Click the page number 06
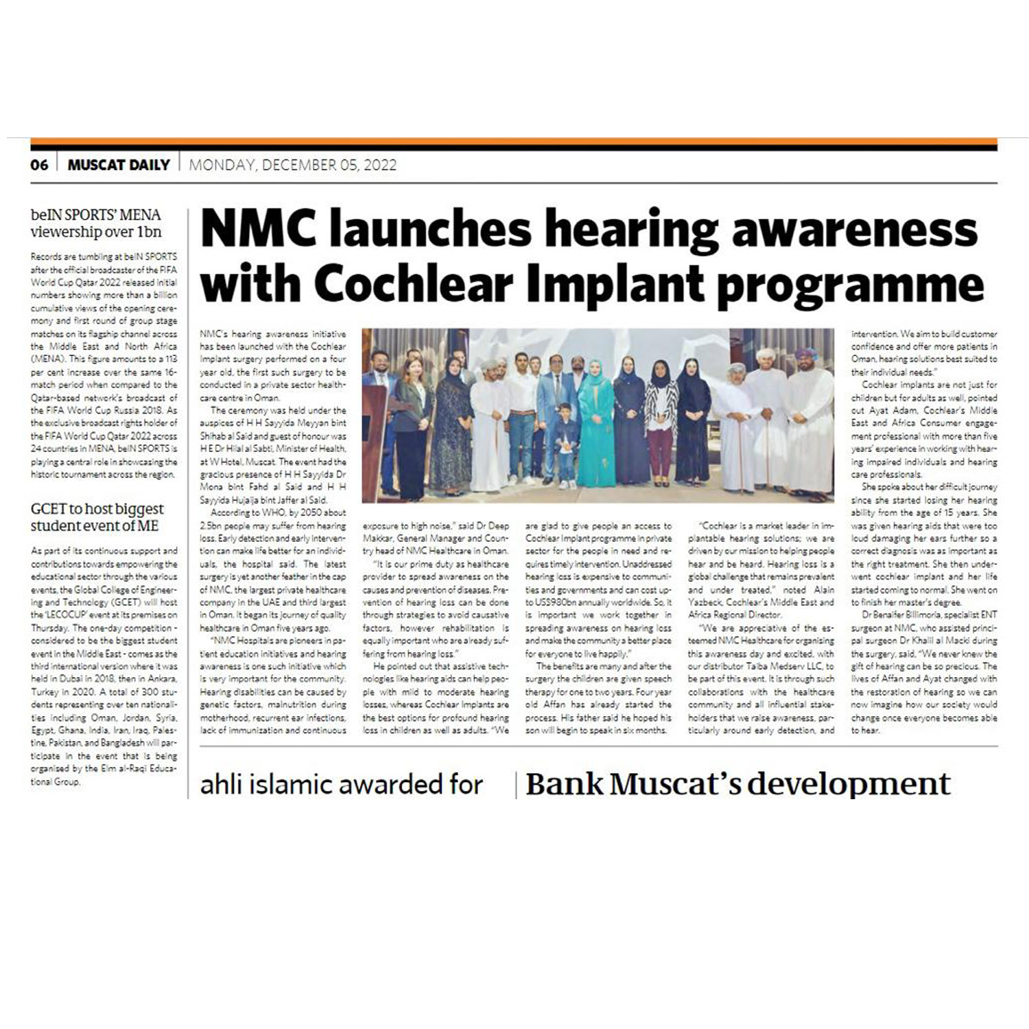(x=39, y=165)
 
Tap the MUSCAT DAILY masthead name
(x=119, y=165)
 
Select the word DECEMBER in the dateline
(x=300, y=165)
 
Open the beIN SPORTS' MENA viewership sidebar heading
(x=96, y=224)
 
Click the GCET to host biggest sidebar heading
(x=97, y=517)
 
